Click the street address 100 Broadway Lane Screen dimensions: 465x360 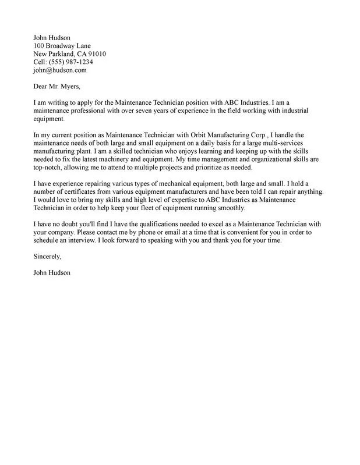click(x=62, y=45)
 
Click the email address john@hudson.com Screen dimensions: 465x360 click(x=60, y=70)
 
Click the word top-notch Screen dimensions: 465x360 click(x=48, y=168)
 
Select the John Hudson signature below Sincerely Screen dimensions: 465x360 click(x=52, y=273)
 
